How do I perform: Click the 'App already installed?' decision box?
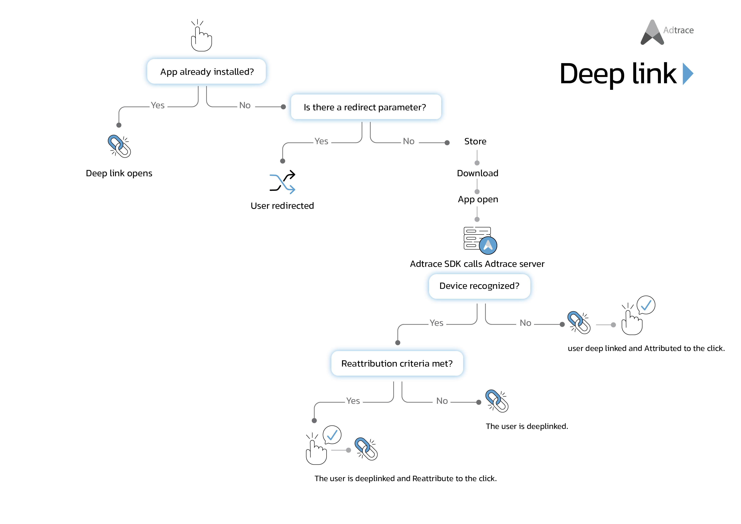pyautogui.click(x=207, y=71)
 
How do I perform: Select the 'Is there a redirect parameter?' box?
pyautogui.click(x=366, y=107)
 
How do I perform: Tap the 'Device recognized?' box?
pyautogui.click(x=479, y=286)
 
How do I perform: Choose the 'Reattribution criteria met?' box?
pyautogui.click(x=397, y=364)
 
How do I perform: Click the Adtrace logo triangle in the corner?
pyautogui.click(x=652, y=32)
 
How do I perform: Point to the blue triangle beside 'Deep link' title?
pyautogui.click(x=688, y=74)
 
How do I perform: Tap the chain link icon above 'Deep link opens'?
pyautogui.click(x=119, y=146)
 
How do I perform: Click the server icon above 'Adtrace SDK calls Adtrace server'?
pyautogui.click(x=480, y=240)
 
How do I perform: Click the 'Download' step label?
pyautogui.click(x=478, y=173)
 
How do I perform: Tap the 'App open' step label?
pyautogui.click(x=478, y=199)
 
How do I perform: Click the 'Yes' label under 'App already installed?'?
pyautogui.click(x=158, y=105)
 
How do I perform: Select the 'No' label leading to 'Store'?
pyautogui.click(x=409, y=141)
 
